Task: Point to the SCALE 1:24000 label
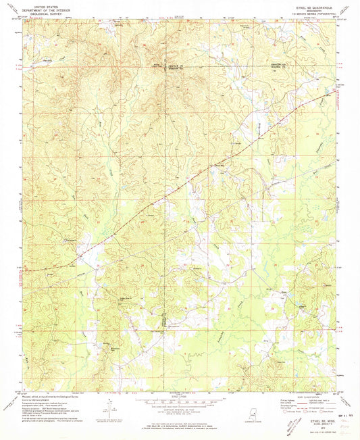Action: [179, 396]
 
